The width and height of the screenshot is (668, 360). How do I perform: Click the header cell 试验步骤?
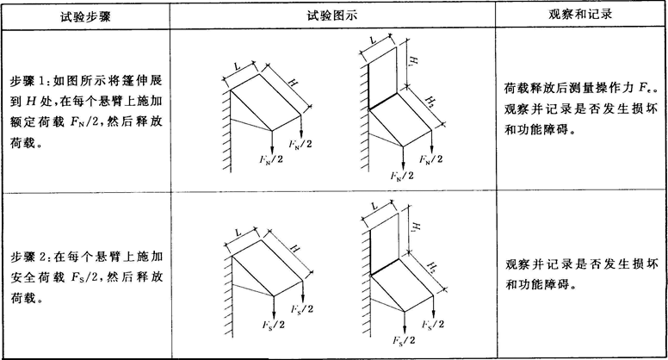(x=85, y=16)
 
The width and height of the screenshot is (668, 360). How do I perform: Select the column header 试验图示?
(x=332, y=16)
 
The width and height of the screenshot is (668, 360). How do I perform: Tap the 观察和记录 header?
(x=580, y=15)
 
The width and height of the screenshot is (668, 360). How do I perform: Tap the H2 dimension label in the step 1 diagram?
(x=430, y=102)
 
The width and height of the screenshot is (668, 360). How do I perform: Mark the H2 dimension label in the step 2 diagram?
(x=432, y=268)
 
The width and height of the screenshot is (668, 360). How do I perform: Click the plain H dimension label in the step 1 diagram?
(x=293, y=83)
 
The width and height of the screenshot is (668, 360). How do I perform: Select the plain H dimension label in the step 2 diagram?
(x=294, y=247)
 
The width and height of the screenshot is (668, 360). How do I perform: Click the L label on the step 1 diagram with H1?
(x=374, y=40)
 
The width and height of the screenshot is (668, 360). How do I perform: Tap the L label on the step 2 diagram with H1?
(x=375, y=206)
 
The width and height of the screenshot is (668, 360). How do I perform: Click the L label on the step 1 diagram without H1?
(x=238, y=66)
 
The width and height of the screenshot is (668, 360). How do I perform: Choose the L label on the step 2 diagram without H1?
(x=238, y=233)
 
